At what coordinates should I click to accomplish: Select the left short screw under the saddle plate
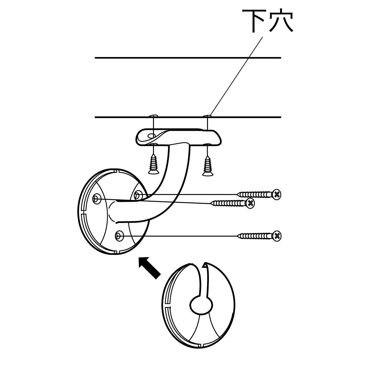click(153, 163)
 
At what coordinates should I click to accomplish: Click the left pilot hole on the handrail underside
click(152, 116)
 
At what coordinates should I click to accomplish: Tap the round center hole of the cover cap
click(201, 305)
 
